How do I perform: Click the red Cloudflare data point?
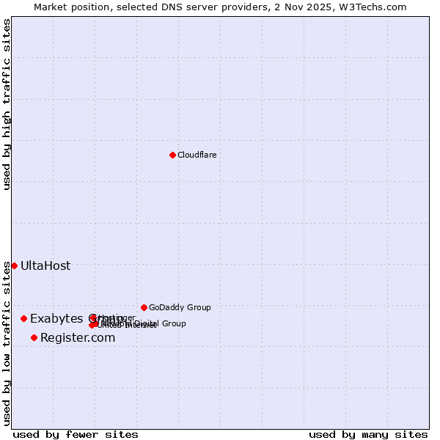(172, 155)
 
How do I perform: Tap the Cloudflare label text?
(197, 155)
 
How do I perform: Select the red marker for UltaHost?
(14, 265)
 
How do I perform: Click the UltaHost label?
(45, 265)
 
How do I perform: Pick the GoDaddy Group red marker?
(144, 307)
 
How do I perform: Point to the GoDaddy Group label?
(180, 307)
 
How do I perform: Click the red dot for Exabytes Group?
(23, 318)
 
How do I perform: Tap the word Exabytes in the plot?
(53, 318)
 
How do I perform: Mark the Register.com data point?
(34, 337)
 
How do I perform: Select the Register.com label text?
(78, 337)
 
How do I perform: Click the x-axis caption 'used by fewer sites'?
(76, 434)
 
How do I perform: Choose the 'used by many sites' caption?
(368, 434)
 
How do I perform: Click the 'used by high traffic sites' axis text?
(7, 105)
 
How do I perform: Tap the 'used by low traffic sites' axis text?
(7, 343)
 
